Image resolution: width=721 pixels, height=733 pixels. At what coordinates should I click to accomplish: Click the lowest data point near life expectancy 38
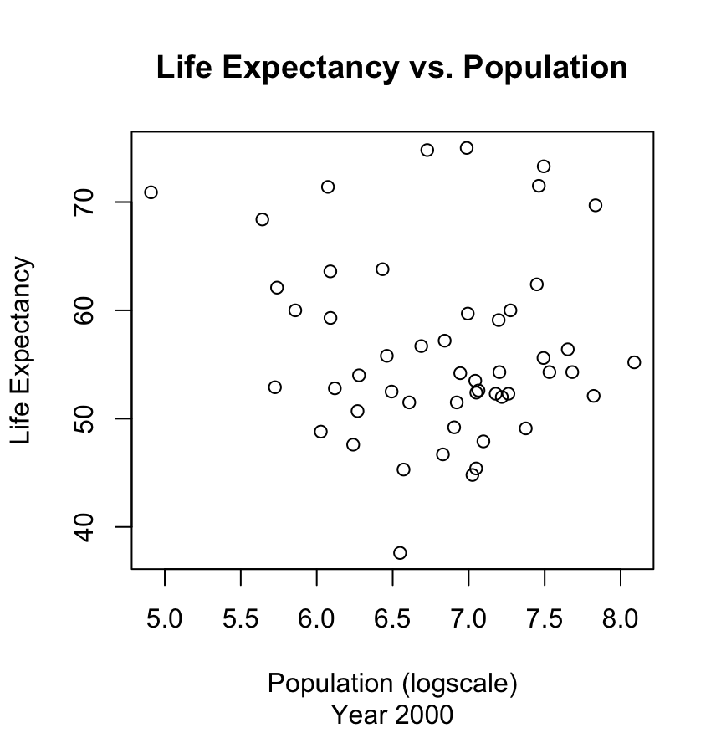tap(400, 552)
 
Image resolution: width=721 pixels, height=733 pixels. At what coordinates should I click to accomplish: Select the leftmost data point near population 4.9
tap(151, 192)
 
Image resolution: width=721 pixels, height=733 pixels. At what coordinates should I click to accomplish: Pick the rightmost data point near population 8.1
tap(634, 362)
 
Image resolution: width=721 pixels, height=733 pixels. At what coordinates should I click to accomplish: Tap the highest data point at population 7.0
tap(467, 148)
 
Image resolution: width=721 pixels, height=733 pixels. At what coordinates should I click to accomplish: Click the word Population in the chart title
tap(545, 68)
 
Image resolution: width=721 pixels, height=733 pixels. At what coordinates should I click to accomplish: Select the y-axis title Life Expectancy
tap(23, 351)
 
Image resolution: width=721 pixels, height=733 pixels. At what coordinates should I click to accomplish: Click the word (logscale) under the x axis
tap(459, 684)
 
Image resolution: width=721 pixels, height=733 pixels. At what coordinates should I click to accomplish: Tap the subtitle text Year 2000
tap(392, 715)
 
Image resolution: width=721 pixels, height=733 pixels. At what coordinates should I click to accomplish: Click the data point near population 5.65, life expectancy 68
tap(263, 219)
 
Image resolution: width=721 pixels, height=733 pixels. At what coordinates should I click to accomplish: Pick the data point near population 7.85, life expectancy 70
tap(596, 205)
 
